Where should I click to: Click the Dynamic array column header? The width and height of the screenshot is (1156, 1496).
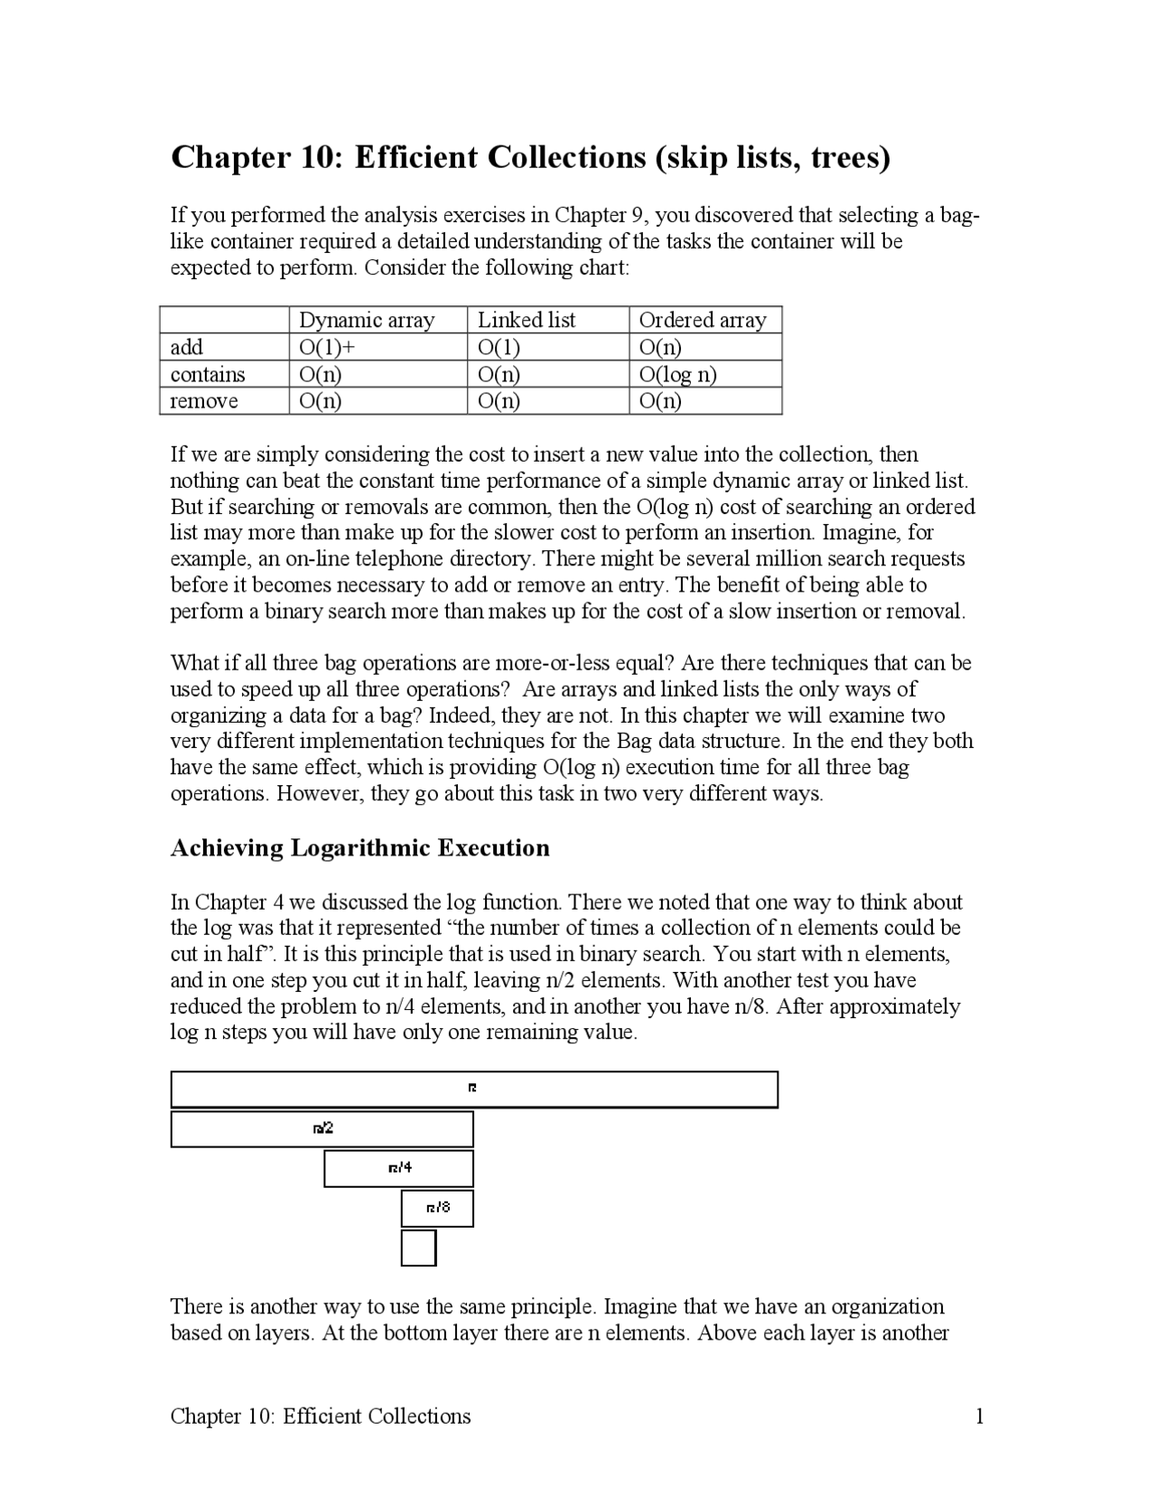[x=367, y=320]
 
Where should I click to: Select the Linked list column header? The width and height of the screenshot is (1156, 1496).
[x=527, y=320]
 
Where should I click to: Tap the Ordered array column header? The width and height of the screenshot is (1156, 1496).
[x=702, y=320]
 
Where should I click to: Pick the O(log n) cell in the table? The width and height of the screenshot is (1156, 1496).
[x=677, y=374]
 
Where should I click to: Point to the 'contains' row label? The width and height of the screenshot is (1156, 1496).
[x=208, y=374]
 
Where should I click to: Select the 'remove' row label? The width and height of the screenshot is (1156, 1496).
[x=204, y=401]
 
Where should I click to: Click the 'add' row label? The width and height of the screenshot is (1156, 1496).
[x=187, y=347]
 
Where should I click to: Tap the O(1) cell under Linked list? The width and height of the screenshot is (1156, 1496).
[x=499, y=347]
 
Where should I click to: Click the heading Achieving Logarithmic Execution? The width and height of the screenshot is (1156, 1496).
[x=359, y=848]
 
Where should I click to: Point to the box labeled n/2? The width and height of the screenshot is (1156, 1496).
[x=322, y=1128]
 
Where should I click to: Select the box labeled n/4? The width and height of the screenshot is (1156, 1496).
[x=398, y=1168]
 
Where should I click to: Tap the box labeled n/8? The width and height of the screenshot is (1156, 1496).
[x=437, y=1208]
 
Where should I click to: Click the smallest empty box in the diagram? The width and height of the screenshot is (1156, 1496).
[x=418, y=1248]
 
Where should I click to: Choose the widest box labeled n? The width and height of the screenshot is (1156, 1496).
[x=473, y=1089]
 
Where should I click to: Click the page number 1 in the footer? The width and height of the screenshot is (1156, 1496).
[x=979, y=1416]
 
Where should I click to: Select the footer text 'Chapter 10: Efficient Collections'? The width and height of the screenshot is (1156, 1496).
[x=321, y=1416]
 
